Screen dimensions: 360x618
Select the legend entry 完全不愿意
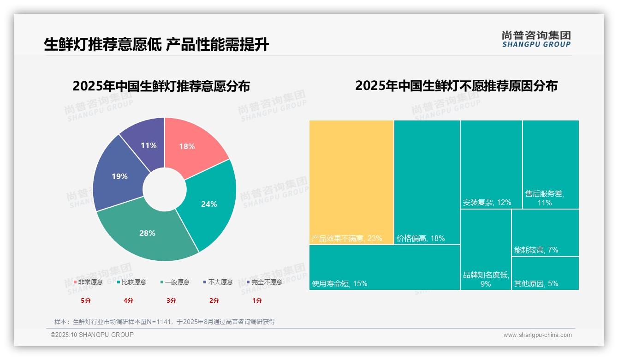tap(265, 282)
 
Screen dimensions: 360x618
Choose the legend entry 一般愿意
tap(175, 282)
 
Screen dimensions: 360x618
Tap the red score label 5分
tap(86, 300)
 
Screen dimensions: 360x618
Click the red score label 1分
tap(257, 300)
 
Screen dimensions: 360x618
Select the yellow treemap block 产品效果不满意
tap(351, 182)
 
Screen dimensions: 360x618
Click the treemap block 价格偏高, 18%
tap(427, 182)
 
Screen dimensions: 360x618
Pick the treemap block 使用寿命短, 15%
tap(384, 267)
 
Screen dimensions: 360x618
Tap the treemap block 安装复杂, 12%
tap(491, 164)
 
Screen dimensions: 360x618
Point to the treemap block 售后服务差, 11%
tap(550, 164)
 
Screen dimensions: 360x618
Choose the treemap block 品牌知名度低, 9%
tap(485, 249)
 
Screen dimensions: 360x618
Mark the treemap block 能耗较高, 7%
tap(545, 233)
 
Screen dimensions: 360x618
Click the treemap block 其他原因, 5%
tap(545, 273)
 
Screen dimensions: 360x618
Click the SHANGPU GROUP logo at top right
tap(536, 39)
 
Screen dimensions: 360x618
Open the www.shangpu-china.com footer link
tap(537, 335)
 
